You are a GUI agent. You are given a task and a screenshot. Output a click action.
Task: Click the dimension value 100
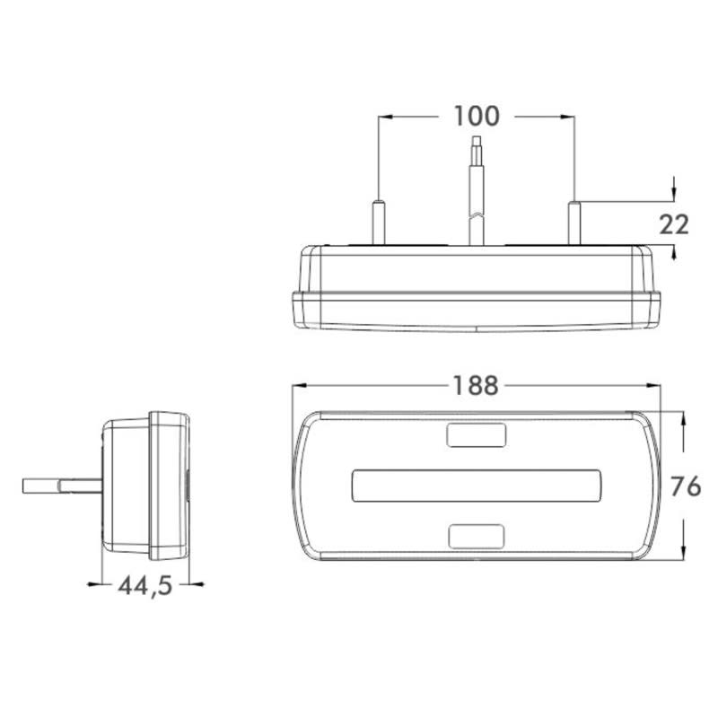point(476,117)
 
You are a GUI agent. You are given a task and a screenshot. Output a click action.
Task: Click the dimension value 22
point(674,224)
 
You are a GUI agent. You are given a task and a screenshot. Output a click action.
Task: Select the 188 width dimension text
point(475,386)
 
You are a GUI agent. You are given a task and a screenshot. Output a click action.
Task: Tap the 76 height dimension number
point(686,487)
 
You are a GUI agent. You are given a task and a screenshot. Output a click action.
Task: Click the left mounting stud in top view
point(379,221)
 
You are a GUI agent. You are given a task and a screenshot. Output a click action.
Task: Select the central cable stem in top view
point(476,193)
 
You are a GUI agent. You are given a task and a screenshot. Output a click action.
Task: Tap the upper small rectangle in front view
point(476,434)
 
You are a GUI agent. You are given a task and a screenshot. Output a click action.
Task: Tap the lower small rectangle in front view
point(476,536)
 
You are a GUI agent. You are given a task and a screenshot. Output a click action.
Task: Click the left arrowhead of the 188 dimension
point(300,386)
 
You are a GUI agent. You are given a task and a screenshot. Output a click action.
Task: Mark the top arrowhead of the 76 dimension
point(685,419)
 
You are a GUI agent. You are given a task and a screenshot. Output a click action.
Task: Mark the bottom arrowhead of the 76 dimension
point(685,553)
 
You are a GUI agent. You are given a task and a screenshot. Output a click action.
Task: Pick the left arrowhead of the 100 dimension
point(384,117)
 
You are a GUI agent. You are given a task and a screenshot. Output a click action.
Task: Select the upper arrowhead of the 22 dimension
point(674,196)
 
